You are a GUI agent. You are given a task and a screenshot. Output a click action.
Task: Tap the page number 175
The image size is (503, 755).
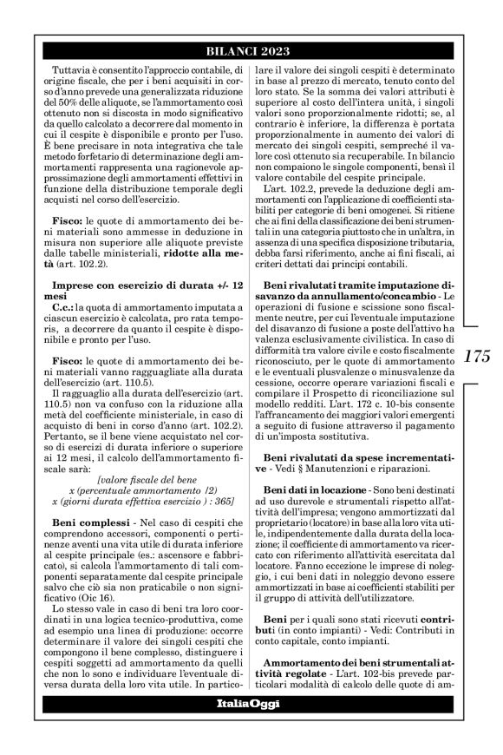point(478,355)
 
